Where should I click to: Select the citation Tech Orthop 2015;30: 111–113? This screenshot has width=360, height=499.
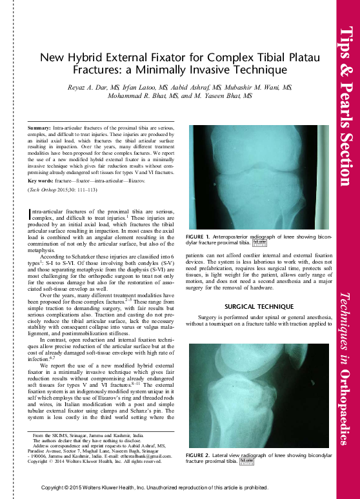[x=62, y=191]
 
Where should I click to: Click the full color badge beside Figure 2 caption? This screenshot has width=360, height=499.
[x=246, y=462]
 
